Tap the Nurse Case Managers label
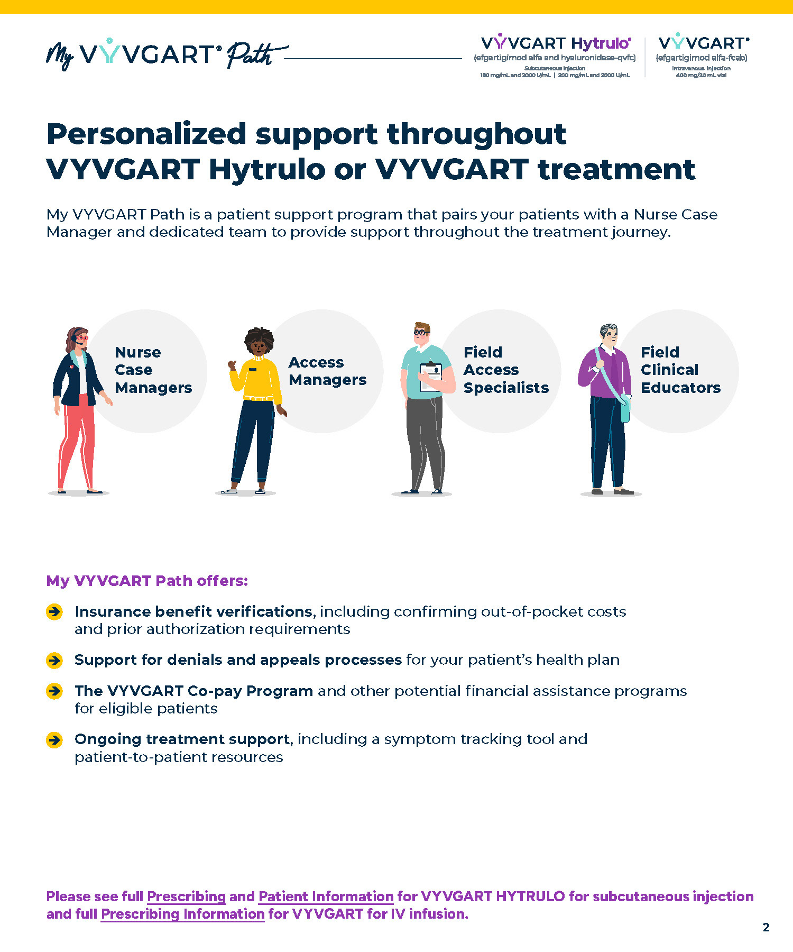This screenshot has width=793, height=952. click(153, 370)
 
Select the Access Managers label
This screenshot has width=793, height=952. click(327, 371)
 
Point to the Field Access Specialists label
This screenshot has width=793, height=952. click(506, 370)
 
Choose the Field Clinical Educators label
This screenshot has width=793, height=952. click(680, 370)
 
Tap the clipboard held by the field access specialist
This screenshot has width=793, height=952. click(431, 377)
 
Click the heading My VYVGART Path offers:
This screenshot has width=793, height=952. click(147, 581)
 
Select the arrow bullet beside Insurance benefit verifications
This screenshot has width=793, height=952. click(54, 612)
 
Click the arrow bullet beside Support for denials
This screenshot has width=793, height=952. click(54, 660)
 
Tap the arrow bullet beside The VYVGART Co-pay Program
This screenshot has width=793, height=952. click(54, 691)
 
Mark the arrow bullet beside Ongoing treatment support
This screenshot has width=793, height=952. click(54, 739)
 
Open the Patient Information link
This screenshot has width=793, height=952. click(326, 896)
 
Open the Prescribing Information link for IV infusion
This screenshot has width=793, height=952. click(182, 914)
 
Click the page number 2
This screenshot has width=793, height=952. click(766, 927)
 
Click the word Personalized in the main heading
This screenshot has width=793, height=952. click(146, 134)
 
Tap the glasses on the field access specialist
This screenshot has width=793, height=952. click(421, 333)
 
